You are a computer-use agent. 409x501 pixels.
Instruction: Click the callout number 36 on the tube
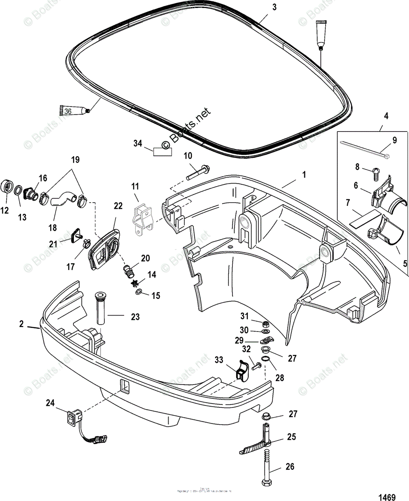68,111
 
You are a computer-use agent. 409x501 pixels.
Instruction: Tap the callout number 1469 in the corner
386,497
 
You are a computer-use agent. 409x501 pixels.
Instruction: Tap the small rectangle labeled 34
163,151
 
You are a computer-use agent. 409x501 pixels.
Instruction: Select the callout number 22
118,206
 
